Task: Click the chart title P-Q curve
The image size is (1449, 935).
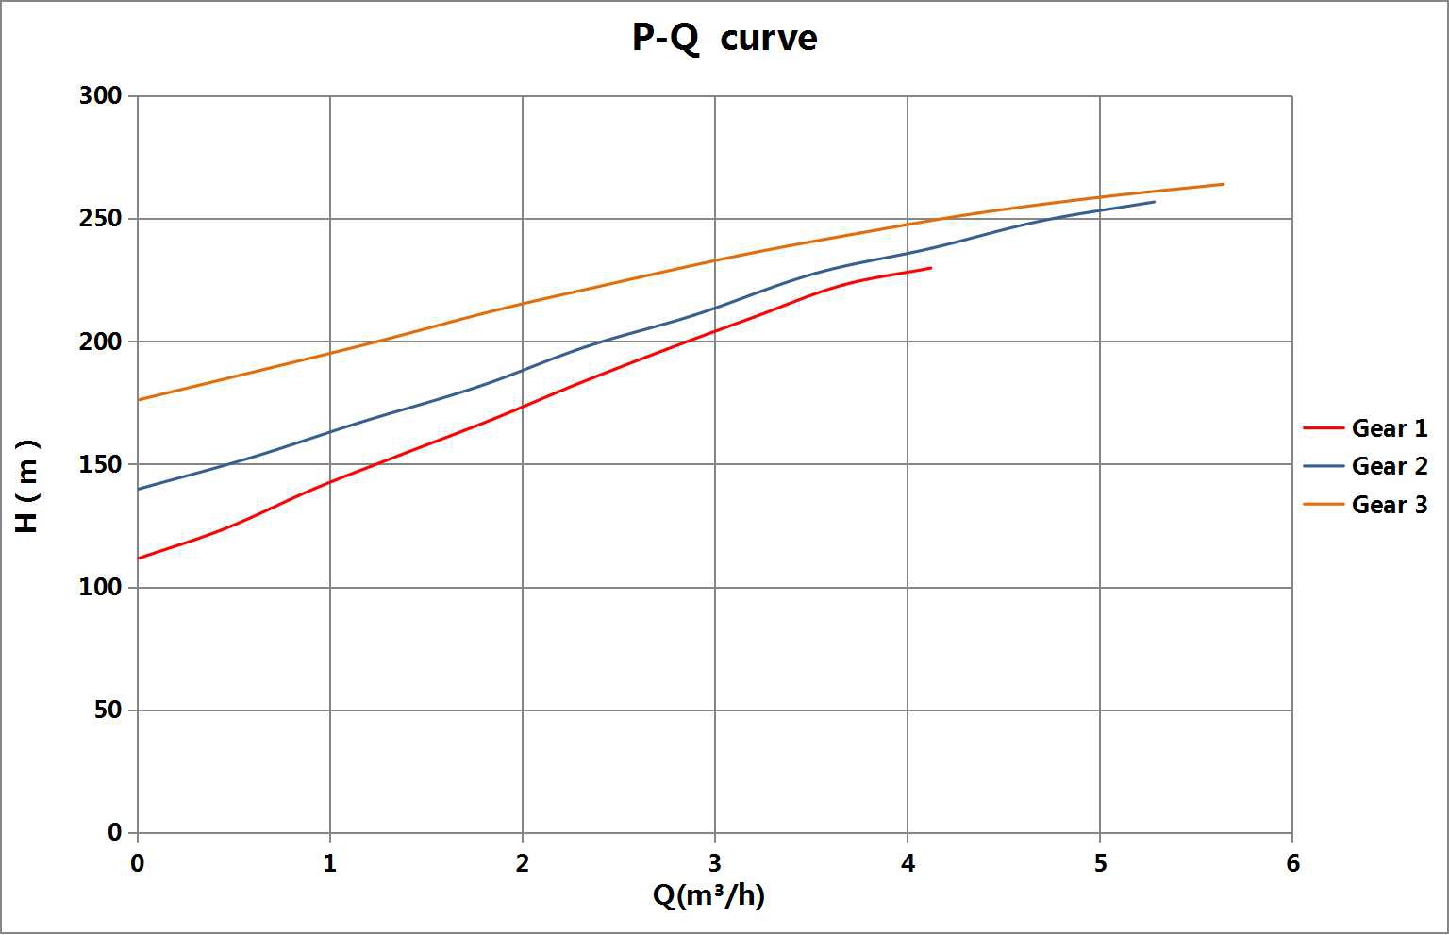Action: pos(724,39)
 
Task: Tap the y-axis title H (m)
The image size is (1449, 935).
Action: pos(27,486)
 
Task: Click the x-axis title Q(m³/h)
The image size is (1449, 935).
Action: pos(708,894)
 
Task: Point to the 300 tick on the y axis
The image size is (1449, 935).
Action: pos(101,96)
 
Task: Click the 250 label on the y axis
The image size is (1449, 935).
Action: pos(101,219)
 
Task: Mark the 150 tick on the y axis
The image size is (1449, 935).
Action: pos(101,464)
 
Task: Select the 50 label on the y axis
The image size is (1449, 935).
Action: pos(108,710)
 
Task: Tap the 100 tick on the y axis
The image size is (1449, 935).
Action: pos(101,587)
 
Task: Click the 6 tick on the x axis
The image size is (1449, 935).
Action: pos(1292,863)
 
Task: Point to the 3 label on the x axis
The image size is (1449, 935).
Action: pos(715,863)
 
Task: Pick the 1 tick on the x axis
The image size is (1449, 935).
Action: pos(330,863)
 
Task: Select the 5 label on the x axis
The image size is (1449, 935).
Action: pos(1100,863)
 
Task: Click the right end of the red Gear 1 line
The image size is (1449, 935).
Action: pos(931,268)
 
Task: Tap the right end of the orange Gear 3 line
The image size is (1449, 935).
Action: pos(1224,184)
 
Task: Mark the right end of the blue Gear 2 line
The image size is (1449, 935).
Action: pos(1154,202)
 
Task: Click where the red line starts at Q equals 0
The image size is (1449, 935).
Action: pos(139,559)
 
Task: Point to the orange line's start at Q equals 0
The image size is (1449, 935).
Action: pos(139,400)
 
